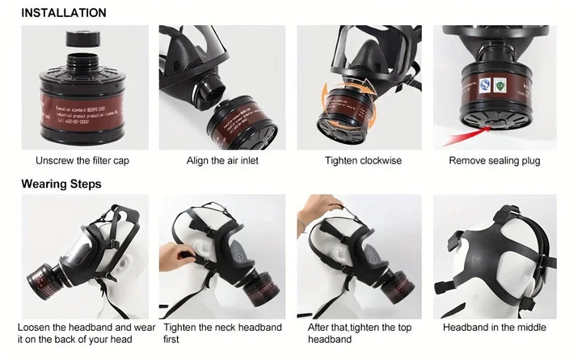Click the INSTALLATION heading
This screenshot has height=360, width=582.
click(63, 13)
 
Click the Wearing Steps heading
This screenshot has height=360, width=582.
click(61, 184)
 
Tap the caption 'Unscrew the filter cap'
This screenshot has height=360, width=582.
click(82, 161)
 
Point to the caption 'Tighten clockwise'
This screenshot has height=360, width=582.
click(363, 161)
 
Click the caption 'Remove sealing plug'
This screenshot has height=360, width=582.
click(495, 161)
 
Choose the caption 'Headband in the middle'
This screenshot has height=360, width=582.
click(495, 328)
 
